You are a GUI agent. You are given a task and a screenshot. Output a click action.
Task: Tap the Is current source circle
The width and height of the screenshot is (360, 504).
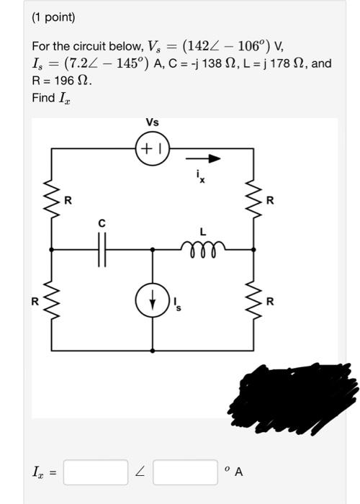152,302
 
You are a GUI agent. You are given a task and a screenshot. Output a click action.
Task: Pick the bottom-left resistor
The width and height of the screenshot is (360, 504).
51,301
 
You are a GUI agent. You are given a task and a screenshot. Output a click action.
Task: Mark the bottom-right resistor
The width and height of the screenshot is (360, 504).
253,301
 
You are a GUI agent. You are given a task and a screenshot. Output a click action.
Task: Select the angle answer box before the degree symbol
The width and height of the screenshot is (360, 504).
184,472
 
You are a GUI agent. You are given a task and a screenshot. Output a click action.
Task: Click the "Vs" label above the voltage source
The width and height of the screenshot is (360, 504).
152,122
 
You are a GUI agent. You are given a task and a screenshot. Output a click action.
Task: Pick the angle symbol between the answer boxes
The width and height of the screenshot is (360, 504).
140,472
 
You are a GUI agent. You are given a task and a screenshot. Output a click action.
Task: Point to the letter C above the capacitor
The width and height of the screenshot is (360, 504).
102,224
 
